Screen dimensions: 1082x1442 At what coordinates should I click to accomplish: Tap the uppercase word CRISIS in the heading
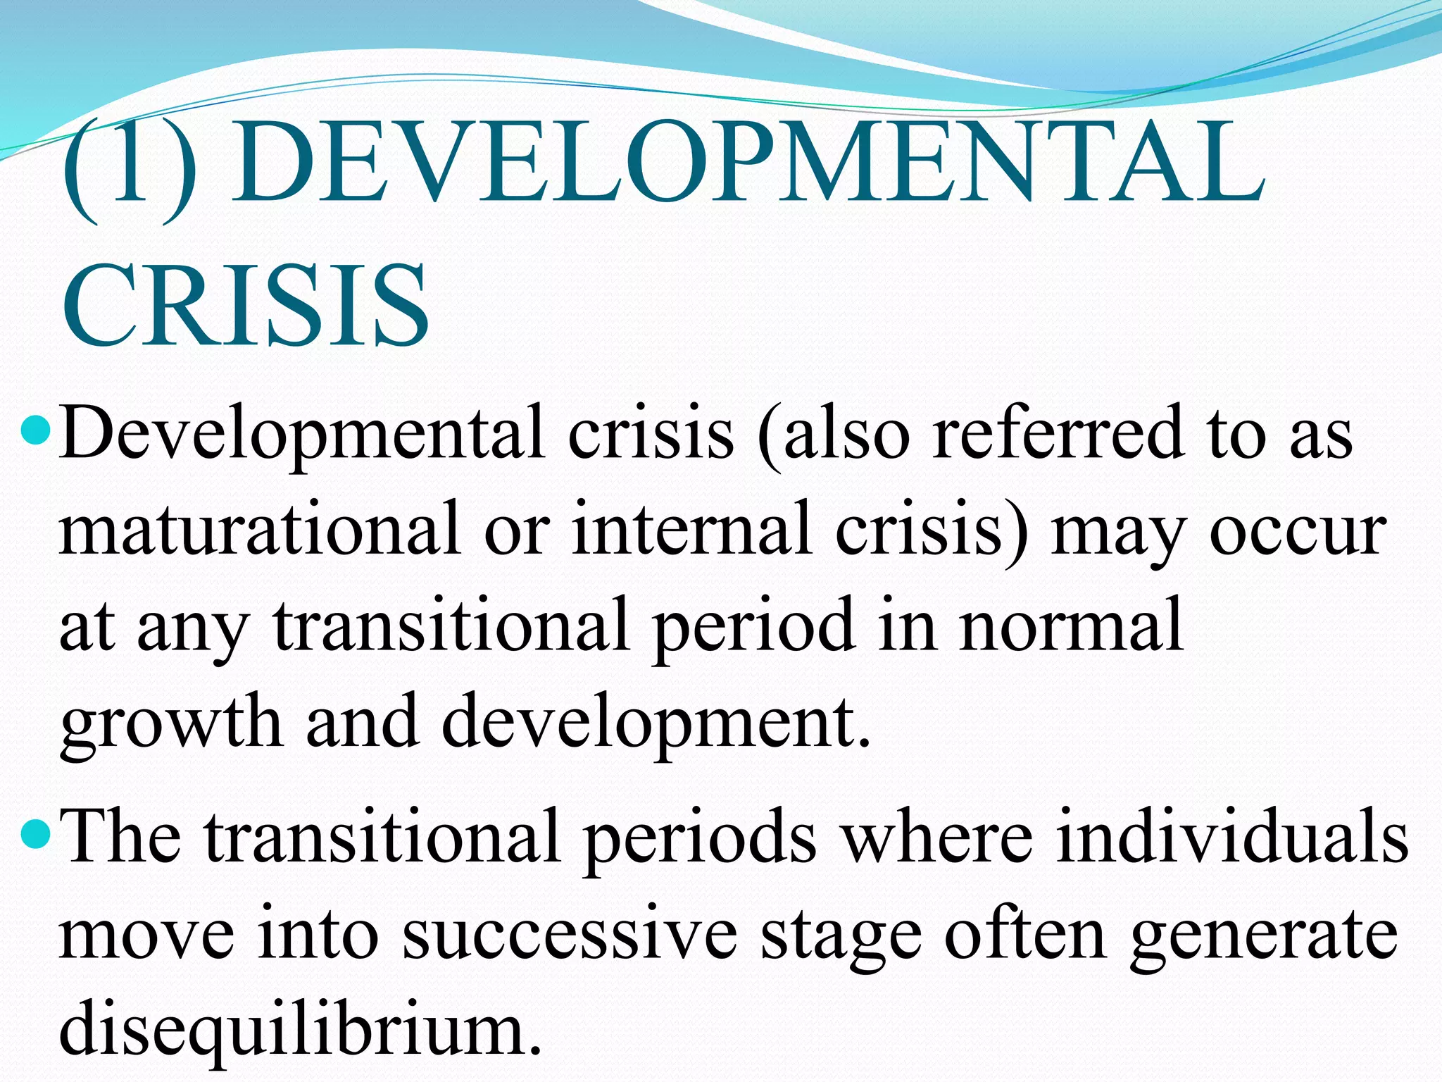245,305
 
